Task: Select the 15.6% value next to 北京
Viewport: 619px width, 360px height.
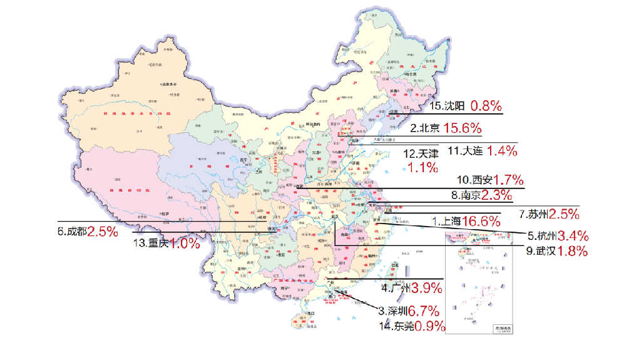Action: [x=463, y=128]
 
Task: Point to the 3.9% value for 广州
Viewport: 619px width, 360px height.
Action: [x=426, y=289]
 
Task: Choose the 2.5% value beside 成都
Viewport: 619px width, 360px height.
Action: [x=103, y=231]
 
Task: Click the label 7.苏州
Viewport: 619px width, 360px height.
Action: [x=534, y=214]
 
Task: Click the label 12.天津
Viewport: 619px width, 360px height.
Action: [x=421, y=153]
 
